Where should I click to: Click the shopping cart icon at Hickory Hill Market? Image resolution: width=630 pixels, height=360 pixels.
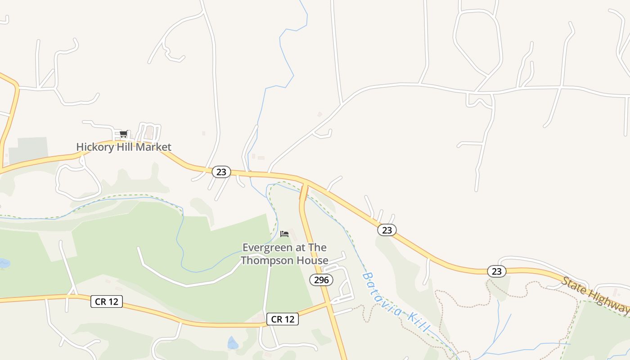coord(123,134)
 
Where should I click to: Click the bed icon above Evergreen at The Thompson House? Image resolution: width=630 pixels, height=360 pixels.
coord(284,234)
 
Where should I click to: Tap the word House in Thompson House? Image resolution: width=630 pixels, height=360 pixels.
coord(315,261)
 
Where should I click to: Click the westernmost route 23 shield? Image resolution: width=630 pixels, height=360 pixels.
coord(221,172)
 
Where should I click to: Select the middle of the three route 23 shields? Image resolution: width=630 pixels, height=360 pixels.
coord(387,230)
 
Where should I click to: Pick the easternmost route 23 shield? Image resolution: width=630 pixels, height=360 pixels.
coord(496,271)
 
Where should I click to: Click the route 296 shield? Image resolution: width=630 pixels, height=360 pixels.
coord(321,280)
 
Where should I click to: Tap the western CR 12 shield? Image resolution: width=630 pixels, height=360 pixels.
coord(107,301)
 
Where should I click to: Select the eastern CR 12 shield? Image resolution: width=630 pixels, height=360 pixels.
coord(283,319)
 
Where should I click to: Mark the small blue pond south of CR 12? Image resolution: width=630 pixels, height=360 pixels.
coord(233,343)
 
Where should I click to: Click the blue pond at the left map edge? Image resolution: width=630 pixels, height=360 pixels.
coord(4,263)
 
